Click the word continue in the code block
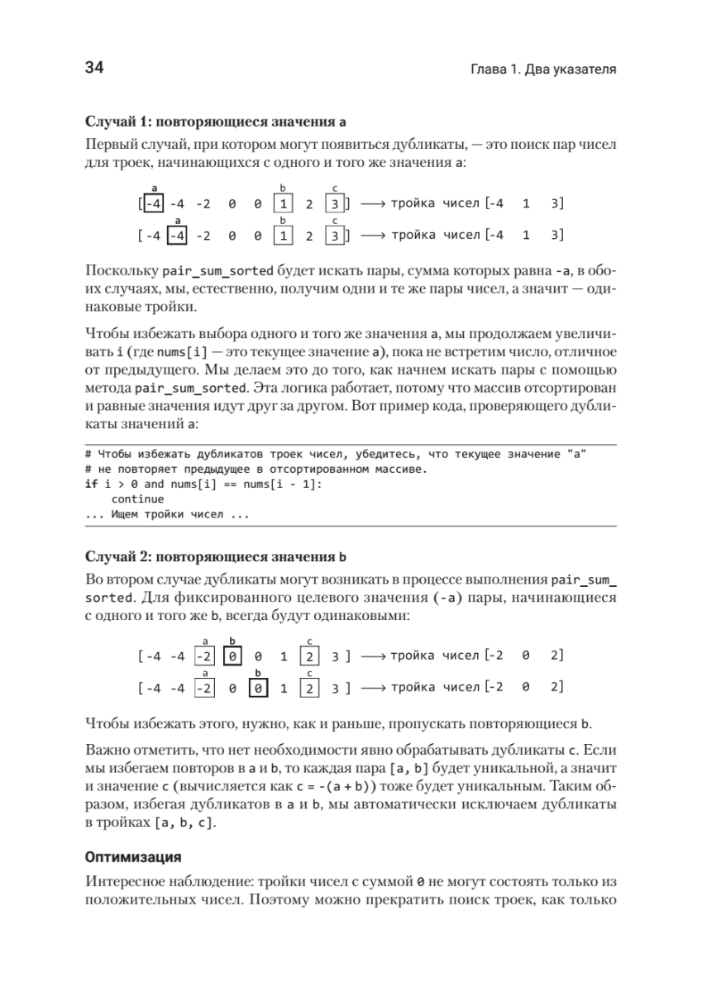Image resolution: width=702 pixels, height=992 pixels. (x=137, y=498)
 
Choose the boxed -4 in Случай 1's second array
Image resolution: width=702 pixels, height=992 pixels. (x=179, y=236)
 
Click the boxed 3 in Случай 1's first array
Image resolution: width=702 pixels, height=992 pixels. (x=333, y=203)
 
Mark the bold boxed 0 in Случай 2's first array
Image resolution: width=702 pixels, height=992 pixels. (x=232, y=657)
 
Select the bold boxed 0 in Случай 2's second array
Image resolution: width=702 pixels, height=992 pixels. (x=258, y=688)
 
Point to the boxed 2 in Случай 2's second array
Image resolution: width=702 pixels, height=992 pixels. (x=308, y=688)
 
